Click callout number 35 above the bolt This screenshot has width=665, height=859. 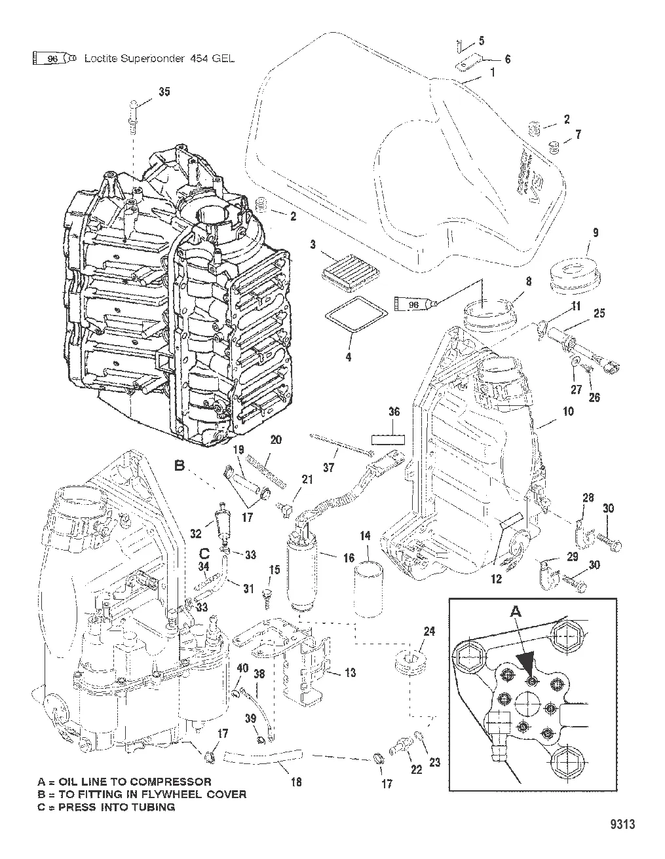tap(164, 91)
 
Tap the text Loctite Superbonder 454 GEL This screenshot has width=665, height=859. tap(159, 58)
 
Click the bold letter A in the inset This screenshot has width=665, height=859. tap(516, 611)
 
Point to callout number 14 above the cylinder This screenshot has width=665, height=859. tap(365, 536)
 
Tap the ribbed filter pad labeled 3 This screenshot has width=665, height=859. tap(344, 267)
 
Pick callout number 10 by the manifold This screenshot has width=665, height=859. tap(567, 411)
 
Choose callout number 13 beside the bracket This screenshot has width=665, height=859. tap(351, 672)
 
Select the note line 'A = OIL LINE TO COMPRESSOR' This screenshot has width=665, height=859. tap(124, 781)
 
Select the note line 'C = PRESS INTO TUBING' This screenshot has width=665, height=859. tap(106, 807)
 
